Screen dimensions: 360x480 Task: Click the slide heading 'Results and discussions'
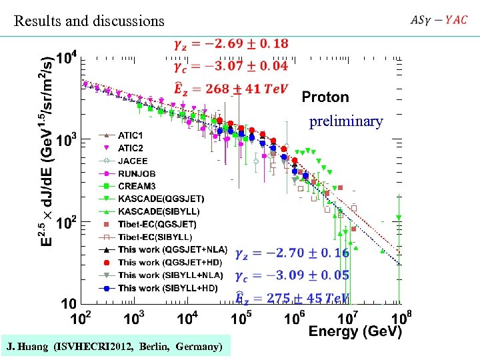[89, 21]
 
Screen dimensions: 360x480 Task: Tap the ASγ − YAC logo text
[439, 20]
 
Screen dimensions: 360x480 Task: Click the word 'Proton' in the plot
[325, 97]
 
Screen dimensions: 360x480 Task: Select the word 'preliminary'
[346, 121]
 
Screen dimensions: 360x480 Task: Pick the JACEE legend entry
[133, 161]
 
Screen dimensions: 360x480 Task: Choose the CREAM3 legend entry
[137, 187]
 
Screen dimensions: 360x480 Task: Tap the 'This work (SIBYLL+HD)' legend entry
[167, 288]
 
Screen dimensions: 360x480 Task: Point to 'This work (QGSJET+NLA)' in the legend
[170, 250]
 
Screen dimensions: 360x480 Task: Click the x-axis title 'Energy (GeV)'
[355, 331]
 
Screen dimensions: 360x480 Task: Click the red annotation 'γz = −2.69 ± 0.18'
[231, 44]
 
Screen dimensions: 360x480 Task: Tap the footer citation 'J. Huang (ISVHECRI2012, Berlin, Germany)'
[115, 347]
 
